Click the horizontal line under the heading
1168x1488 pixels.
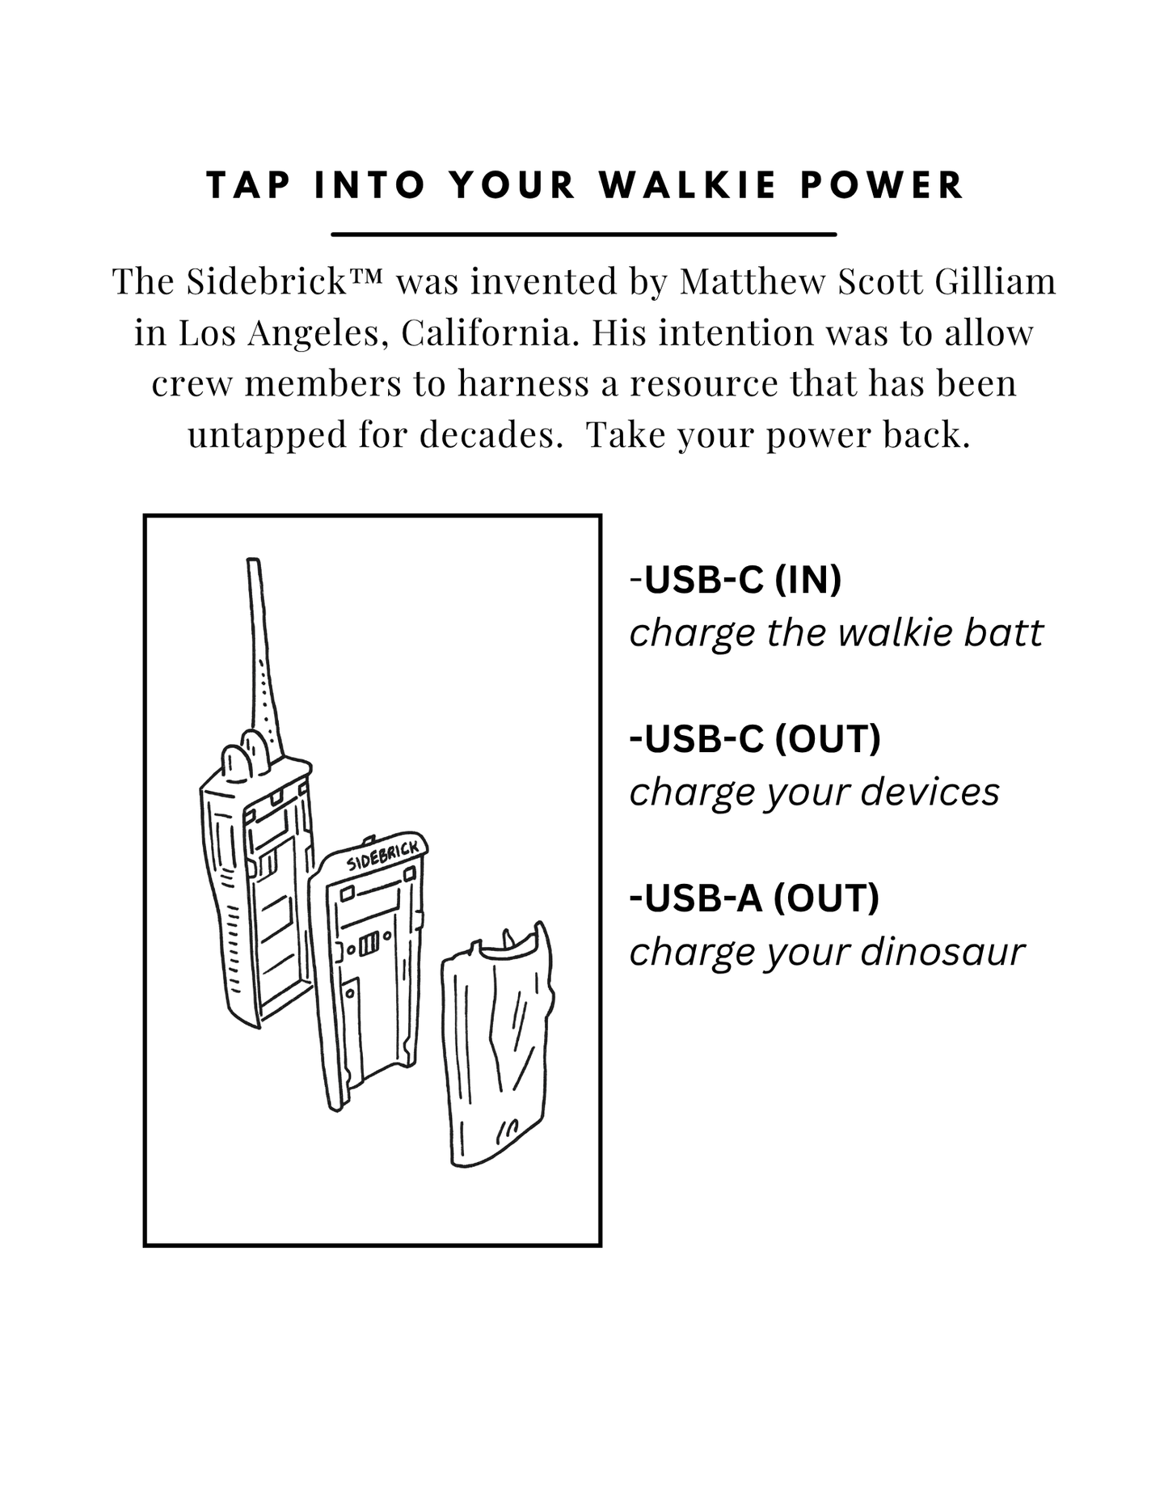(584, 235)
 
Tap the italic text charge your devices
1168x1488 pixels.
(814, 793)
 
